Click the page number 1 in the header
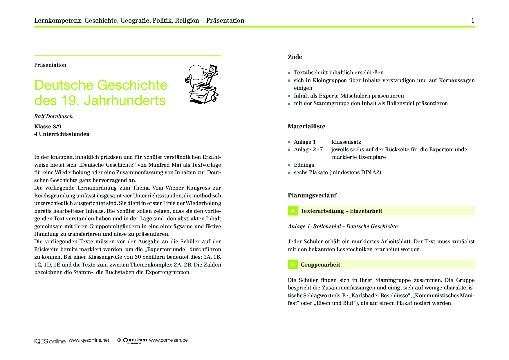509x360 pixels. coord(473,21)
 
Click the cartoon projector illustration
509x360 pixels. coord(202,84)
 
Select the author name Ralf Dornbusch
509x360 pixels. coord(53,116)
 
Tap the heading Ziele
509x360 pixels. coord(295,57)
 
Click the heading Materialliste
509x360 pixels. coord(306,126)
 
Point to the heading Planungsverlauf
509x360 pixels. coord(312,195)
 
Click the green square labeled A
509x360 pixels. coord(293,211)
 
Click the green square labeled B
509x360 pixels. coord(293,264)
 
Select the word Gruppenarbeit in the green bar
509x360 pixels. coord(320,264)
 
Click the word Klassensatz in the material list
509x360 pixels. coord(346,142)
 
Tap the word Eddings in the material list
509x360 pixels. coord(304,165)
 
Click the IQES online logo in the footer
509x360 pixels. coord(50,341)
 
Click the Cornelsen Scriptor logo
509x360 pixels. coord(135,341)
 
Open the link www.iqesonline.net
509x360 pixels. coord(89,340)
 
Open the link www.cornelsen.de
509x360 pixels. coord(168,340)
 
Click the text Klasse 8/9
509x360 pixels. coord(48,127)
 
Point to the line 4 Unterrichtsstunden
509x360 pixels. coord(62,134)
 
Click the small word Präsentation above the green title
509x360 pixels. coord(50,65)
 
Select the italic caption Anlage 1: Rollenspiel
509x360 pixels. coord(342,226)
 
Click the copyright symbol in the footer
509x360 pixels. coord(119,340)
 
